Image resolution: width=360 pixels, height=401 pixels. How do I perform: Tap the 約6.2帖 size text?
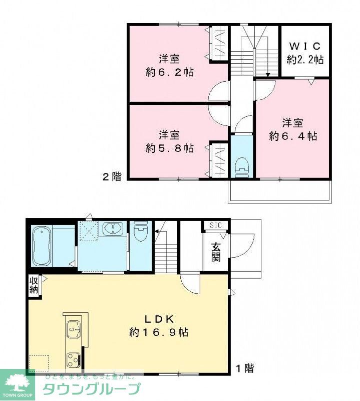(170, 72)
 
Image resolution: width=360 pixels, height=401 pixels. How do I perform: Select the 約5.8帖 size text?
(170, 148)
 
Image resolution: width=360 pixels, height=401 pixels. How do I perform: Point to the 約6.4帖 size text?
(292, 135)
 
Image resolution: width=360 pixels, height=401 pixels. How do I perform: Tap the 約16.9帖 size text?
(159, 332)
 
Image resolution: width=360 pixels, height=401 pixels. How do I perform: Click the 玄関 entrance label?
(216, 253)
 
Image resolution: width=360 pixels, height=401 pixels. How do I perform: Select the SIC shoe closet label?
(215, 225)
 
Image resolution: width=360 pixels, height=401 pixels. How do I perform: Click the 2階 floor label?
(112, 176)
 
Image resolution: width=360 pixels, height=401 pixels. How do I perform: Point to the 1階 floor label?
(245, 369)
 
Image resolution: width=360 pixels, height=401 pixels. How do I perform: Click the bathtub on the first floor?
(42, 247)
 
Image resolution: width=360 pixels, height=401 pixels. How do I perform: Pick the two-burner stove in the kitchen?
(74, 359)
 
